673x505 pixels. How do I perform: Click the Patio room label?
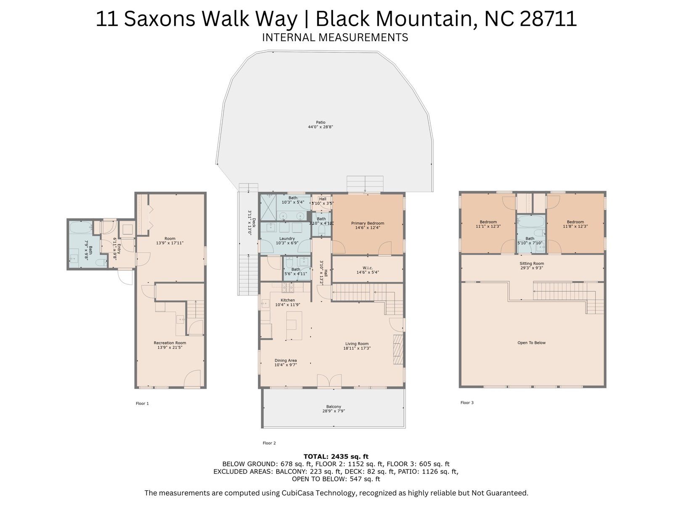coord(321,122)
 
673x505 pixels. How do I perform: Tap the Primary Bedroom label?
coord(367,223)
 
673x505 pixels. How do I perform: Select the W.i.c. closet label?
coord(367,268)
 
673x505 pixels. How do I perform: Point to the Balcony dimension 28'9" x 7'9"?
coord(334,411)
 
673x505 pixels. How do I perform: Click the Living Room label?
coord(357,344)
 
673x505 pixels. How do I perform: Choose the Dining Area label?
coord(286,361)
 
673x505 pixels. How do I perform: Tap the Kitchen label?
coord(288,300)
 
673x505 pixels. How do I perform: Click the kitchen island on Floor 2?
coord(294,325)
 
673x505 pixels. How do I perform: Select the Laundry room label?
coord(287,239)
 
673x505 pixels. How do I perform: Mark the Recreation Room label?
coord(170,343)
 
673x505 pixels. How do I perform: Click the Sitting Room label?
coord(532,263)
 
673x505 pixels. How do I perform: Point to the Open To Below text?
coord(531,343)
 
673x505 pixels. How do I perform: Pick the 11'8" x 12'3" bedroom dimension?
coord(575,226)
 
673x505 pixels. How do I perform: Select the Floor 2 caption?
coord(269,443)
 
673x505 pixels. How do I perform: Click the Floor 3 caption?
coord(467,403)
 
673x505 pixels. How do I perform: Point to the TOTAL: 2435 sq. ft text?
coord(336,457)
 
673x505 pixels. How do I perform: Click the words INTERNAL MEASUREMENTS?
coord(335,37)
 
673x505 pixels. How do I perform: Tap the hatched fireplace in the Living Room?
coord(398,350)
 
